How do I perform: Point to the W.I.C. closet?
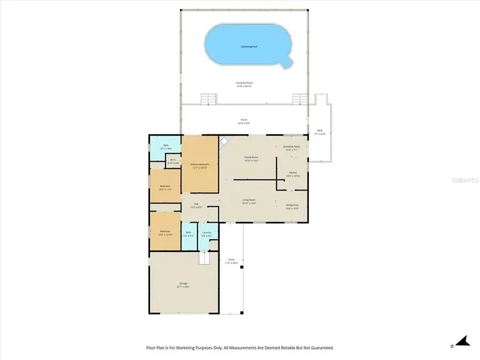pos(172,160)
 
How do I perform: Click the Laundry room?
pos(206,234)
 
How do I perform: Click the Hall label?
pos(196,205)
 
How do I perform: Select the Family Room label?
pos(250,159)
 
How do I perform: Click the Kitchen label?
pos(294,174)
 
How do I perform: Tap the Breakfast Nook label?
pos(292,148)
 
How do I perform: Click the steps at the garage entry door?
pos(203,259)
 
